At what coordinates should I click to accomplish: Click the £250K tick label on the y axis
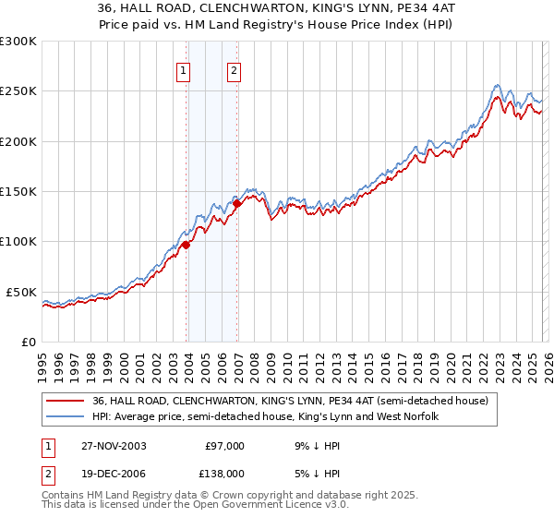pos(18,91)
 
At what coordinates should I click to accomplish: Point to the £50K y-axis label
pos(21,292)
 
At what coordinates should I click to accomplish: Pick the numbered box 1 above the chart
pos(184,70)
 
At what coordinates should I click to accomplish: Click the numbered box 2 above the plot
pos(235,70)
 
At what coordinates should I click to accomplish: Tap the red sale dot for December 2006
pos(237,203)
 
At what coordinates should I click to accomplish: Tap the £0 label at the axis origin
pos(27,342)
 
